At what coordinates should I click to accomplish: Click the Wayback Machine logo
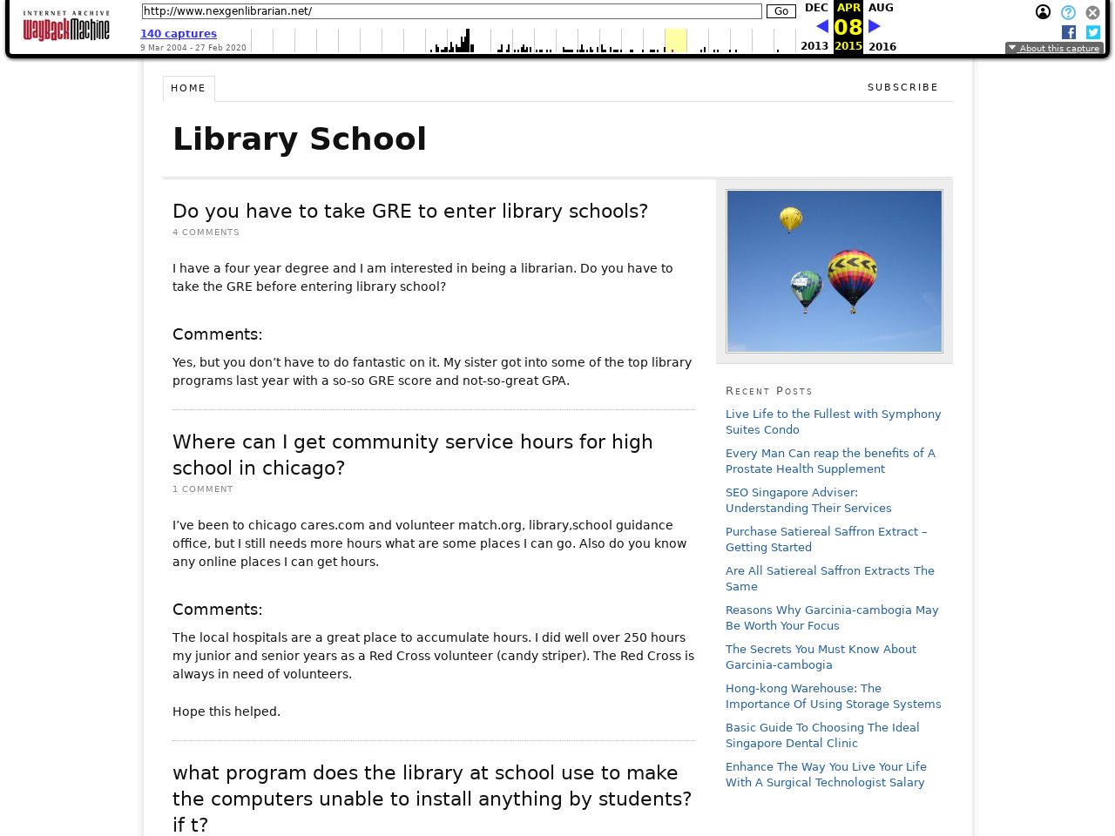(x=66, y=26)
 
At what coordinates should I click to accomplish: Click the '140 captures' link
(x=179, y=34)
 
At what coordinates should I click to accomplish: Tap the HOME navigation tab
(x=188, y=88)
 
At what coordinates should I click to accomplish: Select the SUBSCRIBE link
(x=902, y=87)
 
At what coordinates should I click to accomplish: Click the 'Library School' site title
(x=300, y=139)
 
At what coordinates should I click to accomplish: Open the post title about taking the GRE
(x=410, y=211)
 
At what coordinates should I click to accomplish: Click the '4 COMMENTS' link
(x=206, y=233)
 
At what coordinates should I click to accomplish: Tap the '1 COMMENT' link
(x=203, y=489)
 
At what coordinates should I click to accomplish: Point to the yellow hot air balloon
(x=790, y=219)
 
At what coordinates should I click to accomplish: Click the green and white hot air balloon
(x=806, y=289)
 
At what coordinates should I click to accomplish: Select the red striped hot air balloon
(x=852, y=277)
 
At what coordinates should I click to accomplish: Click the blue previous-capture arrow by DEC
(x=821, y=26)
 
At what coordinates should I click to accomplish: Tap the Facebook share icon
(x=1069, y=32)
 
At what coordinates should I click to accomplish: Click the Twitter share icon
(x=1093, y=32)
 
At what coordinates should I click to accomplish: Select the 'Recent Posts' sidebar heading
(x=768, y=391)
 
